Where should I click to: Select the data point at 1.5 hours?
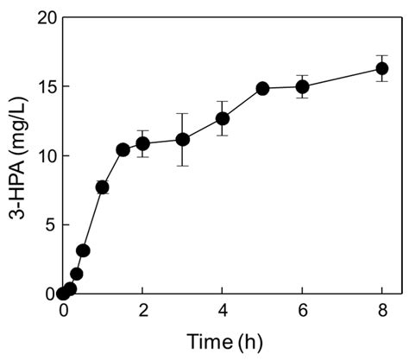point(123,149)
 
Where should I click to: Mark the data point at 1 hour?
point(103,186)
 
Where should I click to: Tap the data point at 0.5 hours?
point(83,250)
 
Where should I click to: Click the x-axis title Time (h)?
point(223,343)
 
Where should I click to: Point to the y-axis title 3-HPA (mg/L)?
point(16,155)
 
